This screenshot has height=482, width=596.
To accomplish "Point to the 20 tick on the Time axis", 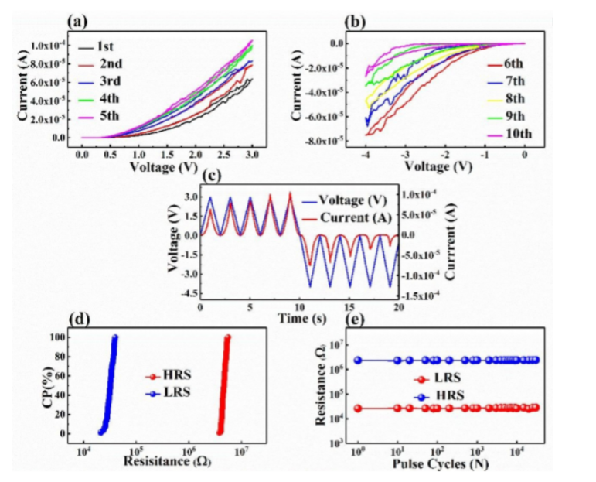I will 397,308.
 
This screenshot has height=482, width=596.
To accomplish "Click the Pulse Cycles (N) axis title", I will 445,465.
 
